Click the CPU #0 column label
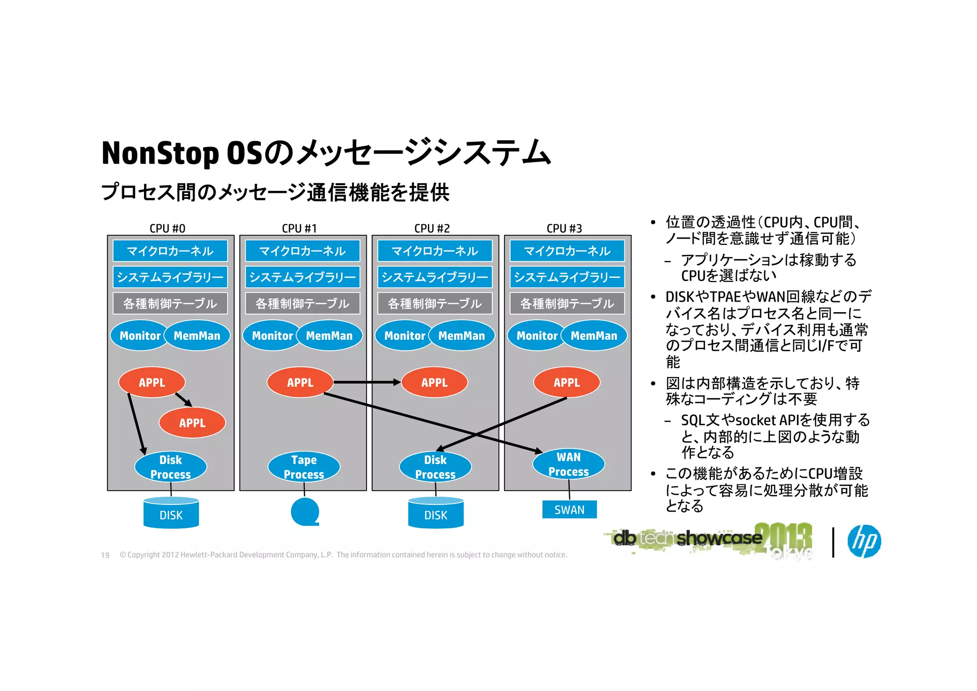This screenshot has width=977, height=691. coord(167,229)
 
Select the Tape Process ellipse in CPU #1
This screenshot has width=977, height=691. coord(304,467)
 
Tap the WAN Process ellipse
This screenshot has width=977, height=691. coord(569,464)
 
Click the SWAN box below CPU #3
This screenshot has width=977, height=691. coord(569,510)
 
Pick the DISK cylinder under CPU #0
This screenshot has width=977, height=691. coord(171,513)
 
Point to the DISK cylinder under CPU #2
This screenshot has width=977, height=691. coord(436,513)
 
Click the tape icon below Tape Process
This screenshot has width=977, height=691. coord(305,512)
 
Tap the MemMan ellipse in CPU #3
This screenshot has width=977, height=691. coord(594,335)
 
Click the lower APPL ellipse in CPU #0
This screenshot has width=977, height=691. coord(192,423)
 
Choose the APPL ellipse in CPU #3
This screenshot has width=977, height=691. coord(566,382)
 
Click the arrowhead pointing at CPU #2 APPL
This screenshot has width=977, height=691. coord(397,382)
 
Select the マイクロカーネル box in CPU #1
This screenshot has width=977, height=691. coord(302,251)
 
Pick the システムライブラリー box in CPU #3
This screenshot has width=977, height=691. coord(567,277)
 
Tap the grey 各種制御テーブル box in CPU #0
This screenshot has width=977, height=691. coord(170,304)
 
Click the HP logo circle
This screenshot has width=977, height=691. coord(864,541)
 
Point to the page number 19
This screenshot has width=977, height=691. coord(105,555)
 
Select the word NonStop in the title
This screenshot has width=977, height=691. coord(160,153)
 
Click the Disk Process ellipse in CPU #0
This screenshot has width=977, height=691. coord(170,467)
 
